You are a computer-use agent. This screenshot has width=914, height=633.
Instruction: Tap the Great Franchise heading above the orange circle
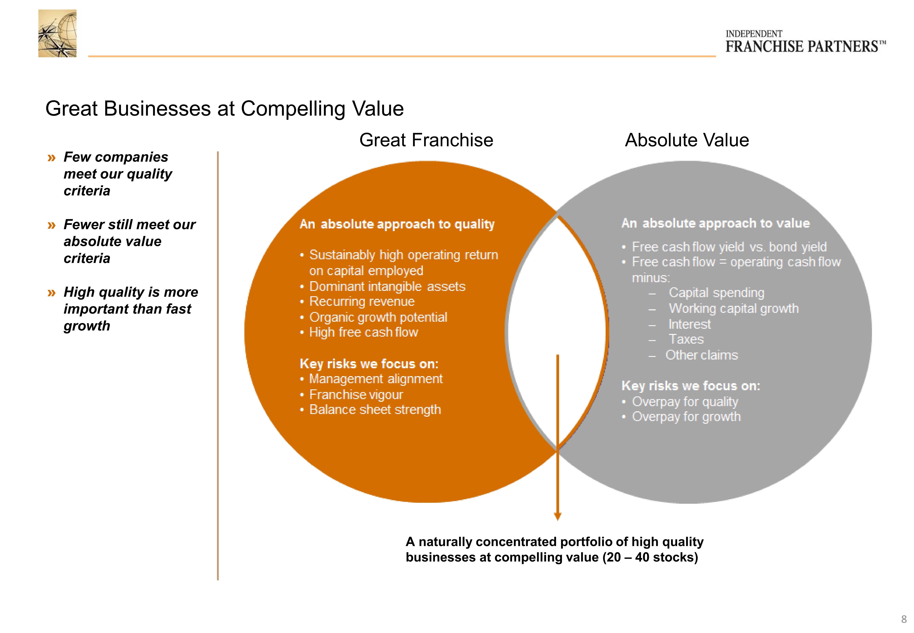[426, 140]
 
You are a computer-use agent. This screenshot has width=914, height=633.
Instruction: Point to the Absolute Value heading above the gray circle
[687, 140]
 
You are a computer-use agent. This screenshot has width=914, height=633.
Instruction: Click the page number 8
[904, 619]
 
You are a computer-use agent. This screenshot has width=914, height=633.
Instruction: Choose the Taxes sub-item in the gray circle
[686, 340]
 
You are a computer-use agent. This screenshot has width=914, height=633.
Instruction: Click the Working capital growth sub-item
[734, 309]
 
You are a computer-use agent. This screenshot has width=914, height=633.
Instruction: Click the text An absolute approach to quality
[397, 224]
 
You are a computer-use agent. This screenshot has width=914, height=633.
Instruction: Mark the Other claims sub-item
[702, 355]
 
